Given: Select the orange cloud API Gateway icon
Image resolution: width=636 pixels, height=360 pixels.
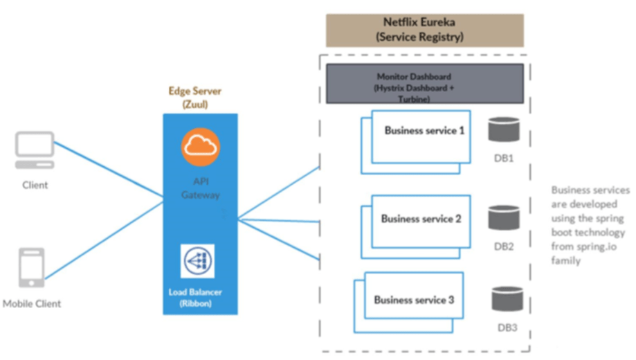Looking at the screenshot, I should pos(201,147).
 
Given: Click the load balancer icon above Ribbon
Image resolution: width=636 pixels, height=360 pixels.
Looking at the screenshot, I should pos(198,261).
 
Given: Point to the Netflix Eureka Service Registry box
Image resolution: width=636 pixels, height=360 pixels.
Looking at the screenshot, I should pos(424,30).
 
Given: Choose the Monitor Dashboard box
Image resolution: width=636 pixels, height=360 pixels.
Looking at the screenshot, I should pos(424,84).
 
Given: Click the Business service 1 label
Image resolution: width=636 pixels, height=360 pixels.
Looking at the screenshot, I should pos(424,130).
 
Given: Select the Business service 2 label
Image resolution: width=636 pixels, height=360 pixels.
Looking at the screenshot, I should pos(421,219).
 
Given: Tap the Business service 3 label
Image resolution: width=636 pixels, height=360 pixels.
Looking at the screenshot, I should pos(414,300).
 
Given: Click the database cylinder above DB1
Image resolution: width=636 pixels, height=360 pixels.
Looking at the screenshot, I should pos(503,130).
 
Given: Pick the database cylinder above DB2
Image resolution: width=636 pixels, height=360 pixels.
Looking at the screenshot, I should pos(503,217).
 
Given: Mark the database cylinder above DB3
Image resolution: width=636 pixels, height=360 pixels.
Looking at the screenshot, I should pos(507,298).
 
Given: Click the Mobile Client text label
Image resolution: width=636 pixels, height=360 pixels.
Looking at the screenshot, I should pos(32,303).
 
